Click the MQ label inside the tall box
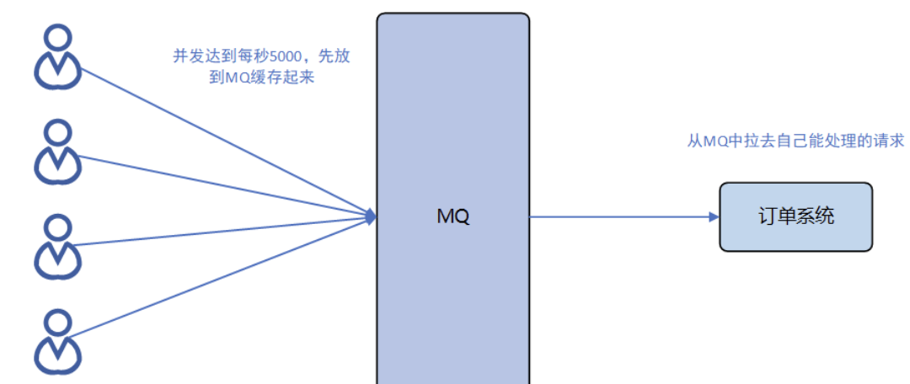point(453,216)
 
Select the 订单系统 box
point(795,216)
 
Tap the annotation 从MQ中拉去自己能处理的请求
point(795,140)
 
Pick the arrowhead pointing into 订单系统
point(714,216)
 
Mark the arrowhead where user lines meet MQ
point(371,216)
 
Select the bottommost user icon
point(57,340)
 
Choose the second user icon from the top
point(57,152)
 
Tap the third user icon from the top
point(57,246)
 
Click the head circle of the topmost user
point(57,37)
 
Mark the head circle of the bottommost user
point(57,321)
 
